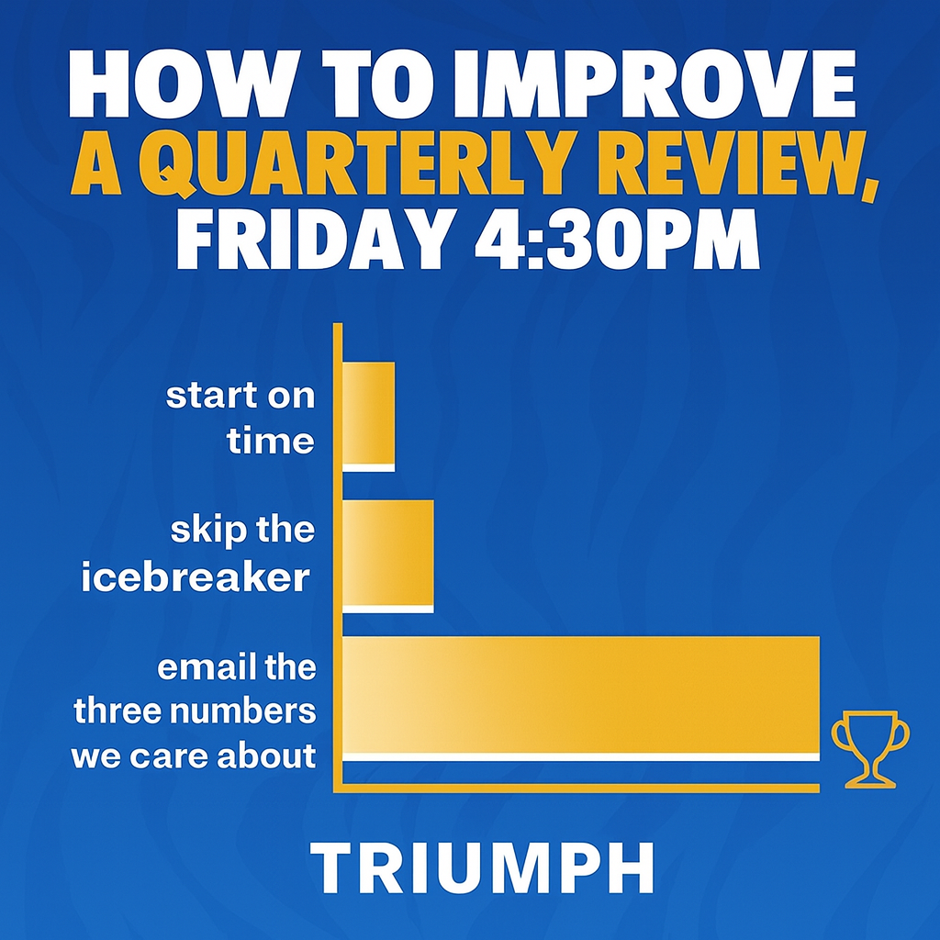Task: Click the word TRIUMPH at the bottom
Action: coord(482,865)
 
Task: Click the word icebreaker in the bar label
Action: coord(195,578)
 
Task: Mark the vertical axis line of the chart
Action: coord(338,551)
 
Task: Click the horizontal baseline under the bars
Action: coord(578,788)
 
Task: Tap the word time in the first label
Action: coord(271,442)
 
